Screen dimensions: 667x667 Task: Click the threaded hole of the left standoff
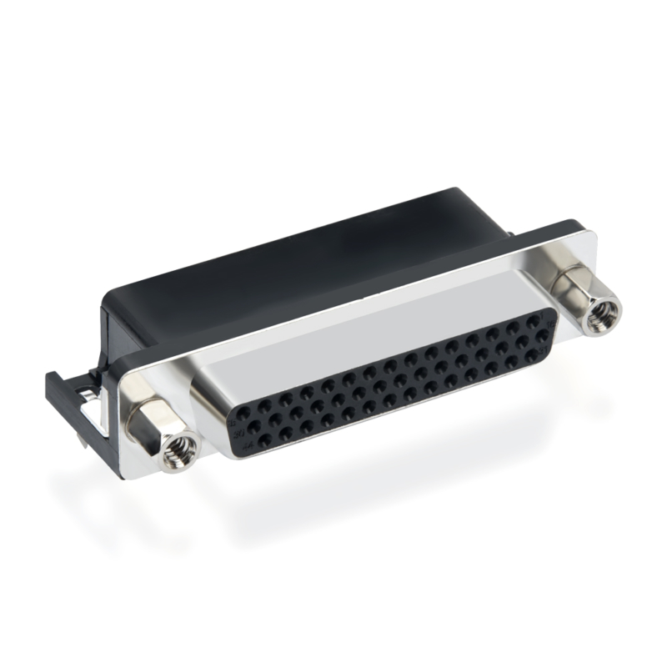178,450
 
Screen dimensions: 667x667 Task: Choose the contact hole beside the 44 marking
265,439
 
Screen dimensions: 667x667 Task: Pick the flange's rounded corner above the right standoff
588,229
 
